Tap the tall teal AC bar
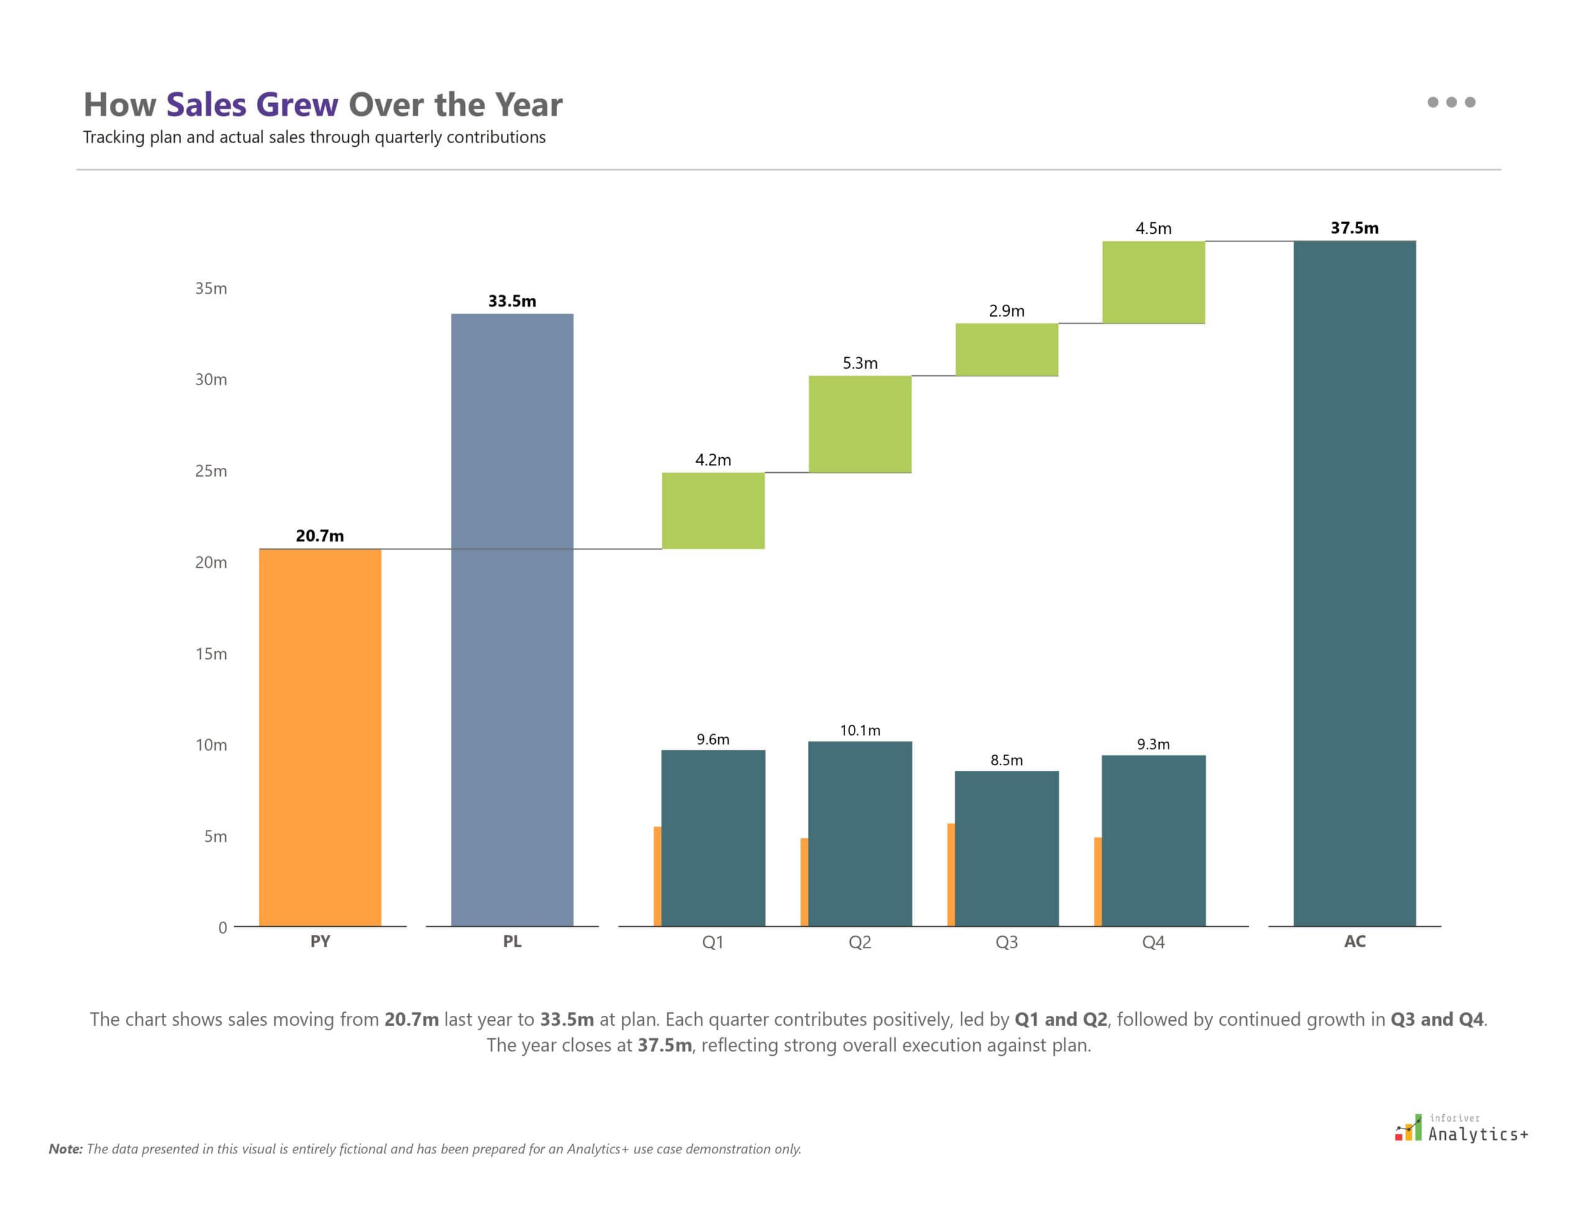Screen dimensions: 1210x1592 [1354, 584]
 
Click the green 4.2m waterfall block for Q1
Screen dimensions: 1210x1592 [713, 510]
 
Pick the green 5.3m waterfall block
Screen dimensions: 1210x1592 [859, 424]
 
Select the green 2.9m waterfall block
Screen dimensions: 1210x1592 [1006, 350]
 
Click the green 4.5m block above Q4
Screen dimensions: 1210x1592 [1153, 282]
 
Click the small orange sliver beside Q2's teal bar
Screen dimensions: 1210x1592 [804, 882]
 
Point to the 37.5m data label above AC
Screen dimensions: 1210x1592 [1354, 228]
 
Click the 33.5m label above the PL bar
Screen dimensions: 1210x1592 [512, 301]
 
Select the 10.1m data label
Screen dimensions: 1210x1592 [859, 730]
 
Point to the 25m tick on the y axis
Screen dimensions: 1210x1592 [210, 471]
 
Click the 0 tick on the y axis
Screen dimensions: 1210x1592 [222, 928]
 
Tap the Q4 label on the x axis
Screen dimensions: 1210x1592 [1153, 942]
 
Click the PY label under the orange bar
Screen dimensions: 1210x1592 [320, 941]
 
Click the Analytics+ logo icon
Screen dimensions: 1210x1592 [1408, 1129]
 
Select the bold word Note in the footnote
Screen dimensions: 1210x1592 [65, 1150]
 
